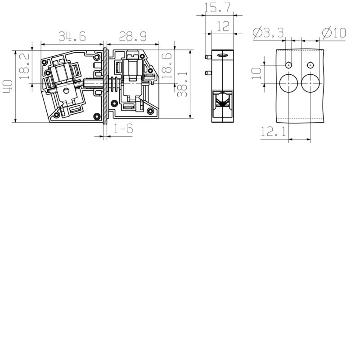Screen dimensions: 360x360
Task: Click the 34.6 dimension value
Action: tap(72, 35)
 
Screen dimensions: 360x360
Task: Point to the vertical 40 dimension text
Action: tap(8, 86)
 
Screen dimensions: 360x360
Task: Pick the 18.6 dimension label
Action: tap(167, 65)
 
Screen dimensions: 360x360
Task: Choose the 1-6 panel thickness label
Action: tap(123, 129)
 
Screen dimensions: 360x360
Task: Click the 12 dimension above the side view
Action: tap(222, 26)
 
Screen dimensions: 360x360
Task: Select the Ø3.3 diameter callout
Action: tap(269, 33)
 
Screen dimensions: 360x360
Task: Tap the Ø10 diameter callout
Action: tap(333, 33)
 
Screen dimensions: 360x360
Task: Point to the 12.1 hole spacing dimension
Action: tap(273, 132)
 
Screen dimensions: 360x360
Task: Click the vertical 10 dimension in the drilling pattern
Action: tap(256, 73)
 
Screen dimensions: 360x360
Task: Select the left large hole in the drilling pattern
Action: tap(288, 84)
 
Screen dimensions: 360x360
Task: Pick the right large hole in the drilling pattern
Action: tap(310, 84)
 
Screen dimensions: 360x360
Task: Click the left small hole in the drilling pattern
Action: tap(288, 65)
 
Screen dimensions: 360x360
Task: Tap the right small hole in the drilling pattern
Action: tap(310, 65)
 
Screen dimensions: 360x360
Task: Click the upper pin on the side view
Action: tap(207, 57)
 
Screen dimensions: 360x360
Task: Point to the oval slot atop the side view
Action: tap(222, 56)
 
